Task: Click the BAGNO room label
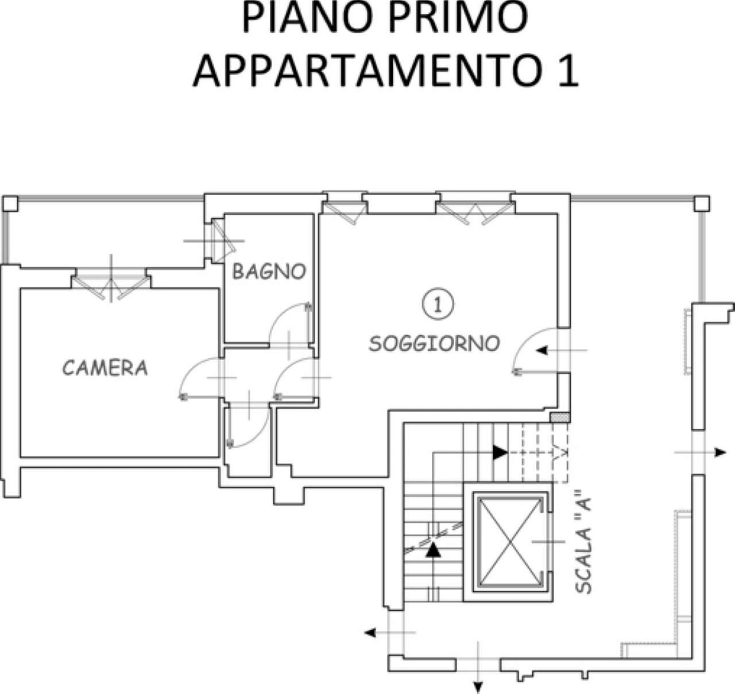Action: click(269, 272)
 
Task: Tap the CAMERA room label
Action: click(105, 367)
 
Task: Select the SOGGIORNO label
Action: click(434, 343)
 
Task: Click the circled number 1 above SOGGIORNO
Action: click(438, 304)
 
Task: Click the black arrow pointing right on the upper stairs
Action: click(500, 452)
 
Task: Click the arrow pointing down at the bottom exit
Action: click(477, 686)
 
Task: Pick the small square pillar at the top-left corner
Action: click(10, 203)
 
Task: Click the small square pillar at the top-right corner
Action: click(702, 203)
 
